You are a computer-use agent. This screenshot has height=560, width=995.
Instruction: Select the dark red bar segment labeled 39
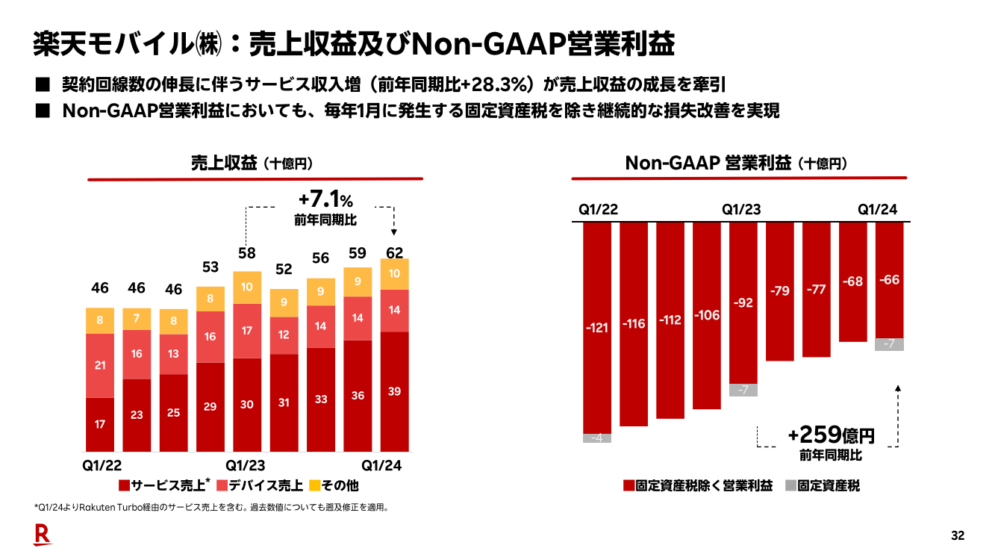click(x=395, y=391)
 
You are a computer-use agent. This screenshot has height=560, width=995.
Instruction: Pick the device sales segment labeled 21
click(x=100, y=365)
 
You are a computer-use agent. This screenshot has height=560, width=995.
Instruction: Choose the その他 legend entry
click(x=334, y=485)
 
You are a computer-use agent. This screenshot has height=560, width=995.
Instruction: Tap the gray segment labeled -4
click(x=597, y=438)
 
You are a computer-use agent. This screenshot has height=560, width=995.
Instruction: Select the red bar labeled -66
click(x=889, y=280)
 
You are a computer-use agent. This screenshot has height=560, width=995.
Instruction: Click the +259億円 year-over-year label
click(x=830, y=436)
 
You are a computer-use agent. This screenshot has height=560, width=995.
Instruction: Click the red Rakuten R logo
click(x=42, y=534)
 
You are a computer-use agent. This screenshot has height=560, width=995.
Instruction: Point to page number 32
click(x=958, y=535)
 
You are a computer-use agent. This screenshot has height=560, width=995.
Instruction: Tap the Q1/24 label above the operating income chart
click(x=877, y=210)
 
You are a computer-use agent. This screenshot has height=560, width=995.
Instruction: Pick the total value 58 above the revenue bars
click(x=247, y=254)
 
